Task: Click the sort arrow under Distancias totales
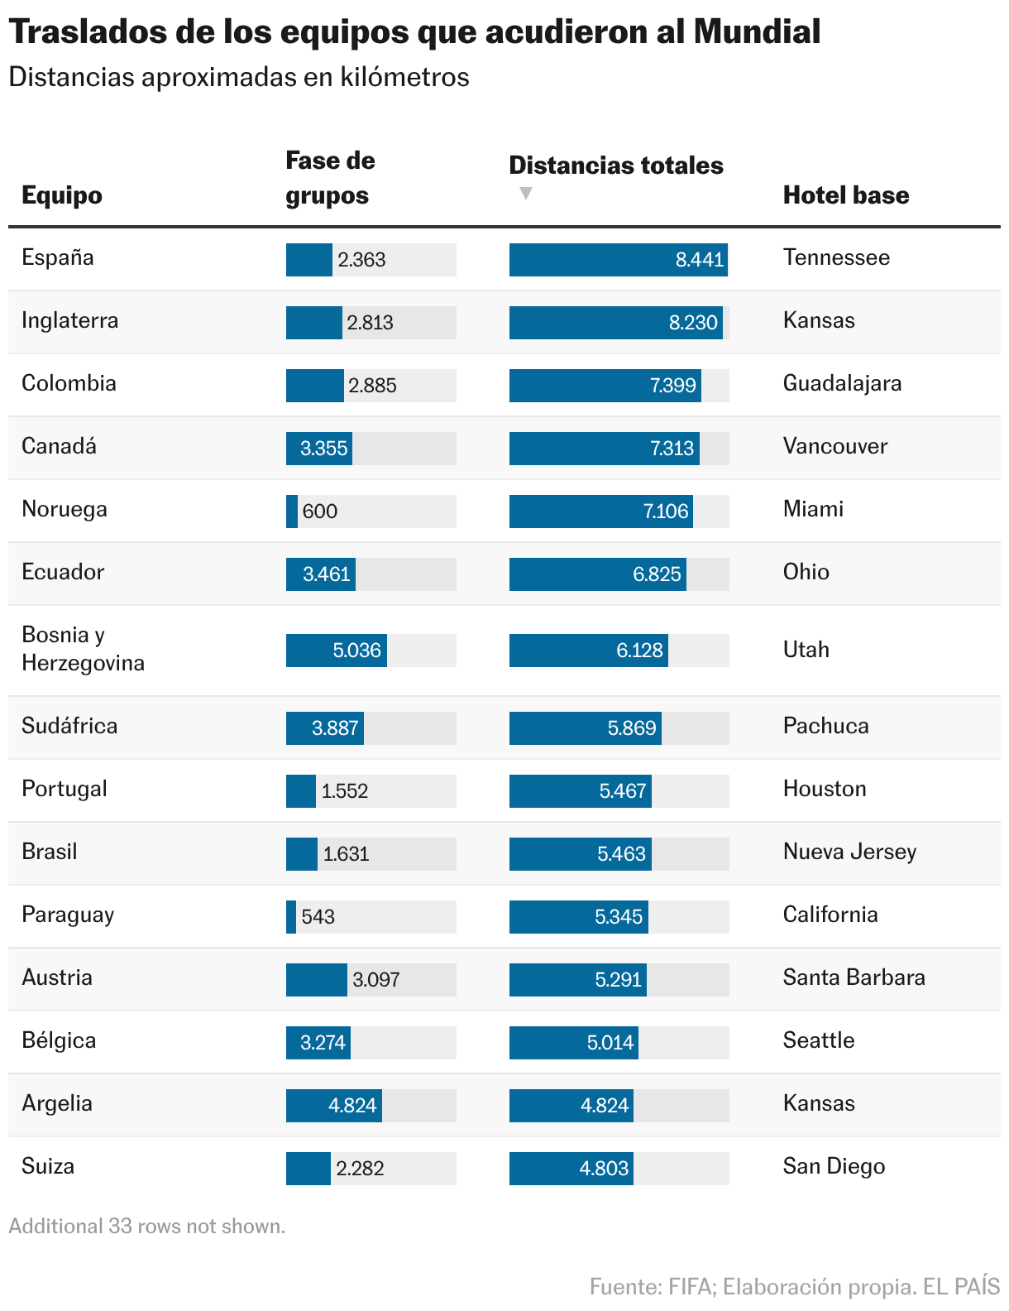tap(526, 193)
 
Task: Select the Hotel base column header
tap(845, 194)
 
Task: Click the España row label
tap(58, 257)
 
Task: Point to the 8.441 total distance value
tap(699, 259)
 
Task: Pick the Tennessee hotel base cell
tap(836, 257)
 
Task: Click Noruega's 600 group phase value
tap(319, 511)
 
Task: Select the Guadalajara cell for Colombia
tap(842, 384)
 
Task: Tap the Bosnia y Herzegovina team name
tap(84, 649)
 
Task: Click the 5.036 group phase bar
tap(337, 651)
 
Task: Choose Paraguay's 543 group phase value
tap(318, 916)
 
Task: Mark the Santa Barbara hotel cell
tap(854, 977)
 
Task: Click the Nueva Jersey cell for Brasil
tap(849, 852)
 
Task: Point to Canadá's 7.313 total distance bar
tap(604, 449)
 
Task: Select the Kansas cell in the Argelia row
tap(819, 1103)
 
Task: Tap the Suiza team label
tap(48, 1166)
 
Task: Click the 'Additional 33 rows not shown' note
tap(147, 1227)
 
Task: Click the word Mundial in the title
tap(757, 31)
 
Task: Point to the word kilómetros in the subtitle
tap(404, 77)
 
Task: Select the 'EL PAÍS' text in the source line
tap(961, 1286)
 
